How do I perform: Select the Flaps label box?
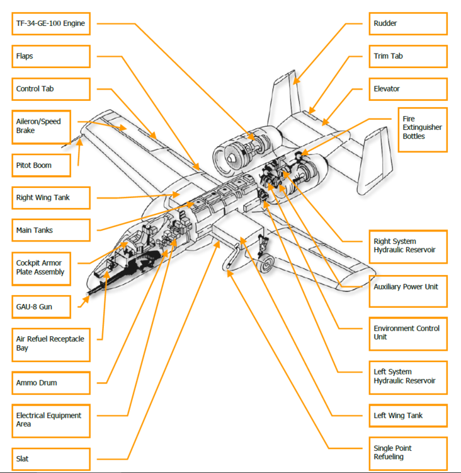point(50,56)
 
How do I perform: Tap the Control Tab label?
point(50,89)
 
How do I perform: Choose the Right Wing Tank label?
point(50,197)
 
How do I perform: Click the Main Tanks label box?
point(50,230)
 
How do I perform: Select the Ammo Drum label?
point(50,383)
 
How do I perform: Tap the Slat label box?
point(50,458)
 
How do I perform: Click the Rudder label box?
point(408,23)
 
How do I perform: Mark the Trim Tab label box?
point(408,56)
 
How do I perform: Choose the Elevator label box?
point(408,89)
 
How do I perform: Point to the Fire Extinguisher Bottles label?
point(422,128)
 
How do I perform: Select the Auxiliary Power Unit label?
point(408,287)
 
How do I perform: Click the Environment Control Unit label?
point(408,332)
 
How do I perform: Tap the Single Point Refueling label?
point(408,452)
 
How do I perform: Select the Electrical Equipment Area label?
point(50,419)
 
